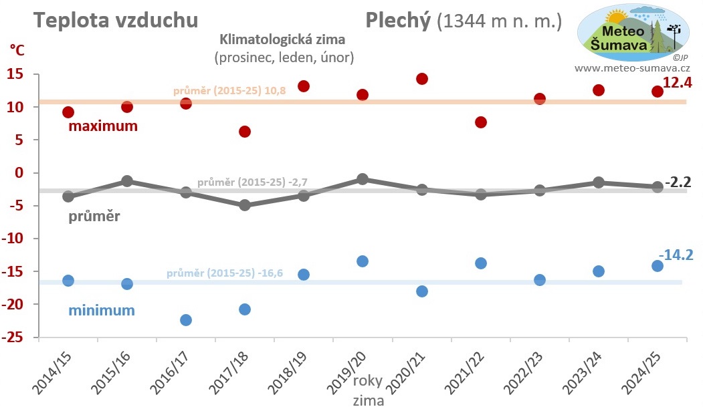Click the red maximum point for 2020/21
click(421, 79)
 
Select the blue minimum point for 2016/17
click(186, 320)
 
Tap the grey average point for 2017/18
click(245, 205)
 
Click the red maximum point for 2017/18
click(245, 132)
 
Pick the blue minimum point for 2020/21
click(421, 291)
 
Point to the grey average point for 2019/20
click(363, 179)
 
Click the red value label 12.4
click(676, 83)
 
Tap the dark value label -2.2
click(678, 181)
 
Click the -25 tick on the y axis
click(18, 337)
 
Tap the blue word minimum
click(102, 310)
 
